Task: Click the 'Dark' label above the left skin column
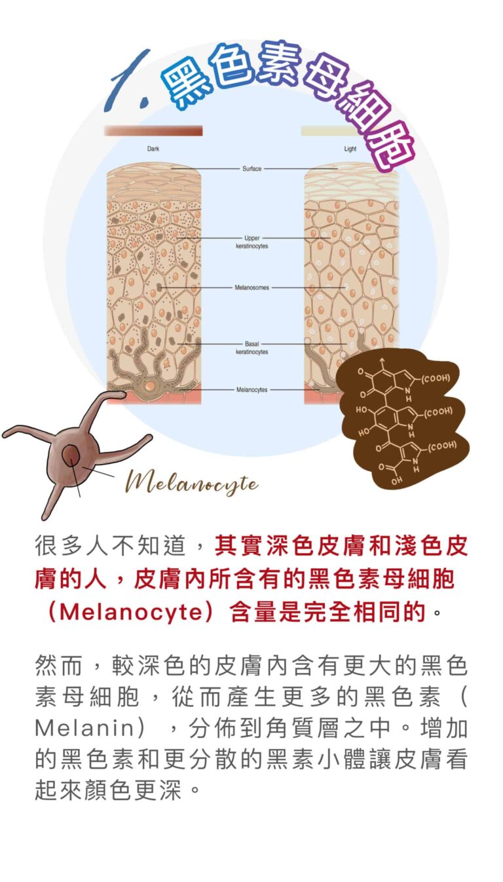[153, 149]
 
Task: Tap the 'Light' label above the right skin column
[350, 149]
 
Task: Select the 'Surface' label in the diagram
[252, 168]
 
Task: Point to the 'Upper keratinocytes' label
[252, 242]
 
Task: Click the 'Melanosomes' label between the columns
[252, 288]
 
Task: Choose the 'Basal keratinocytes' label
[252, 348]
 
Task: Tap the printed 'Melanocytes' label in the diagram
[252, 389]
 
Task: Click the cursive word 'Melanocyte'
[192, 484]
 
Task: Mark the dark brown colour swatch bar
[153, 130]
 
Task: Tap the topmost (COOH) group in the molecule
[436, 378]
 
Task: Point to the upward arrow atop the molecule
[381, 364]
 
